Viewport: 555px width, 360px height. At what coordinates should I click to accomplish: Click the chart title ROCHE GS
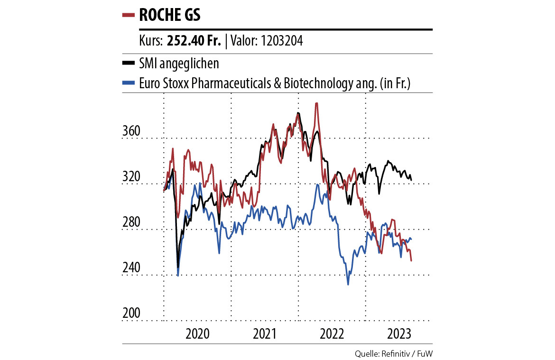tap(169, 15)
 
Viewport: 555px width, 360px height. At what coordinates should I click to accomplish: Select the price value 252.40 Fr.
tap(194, 41)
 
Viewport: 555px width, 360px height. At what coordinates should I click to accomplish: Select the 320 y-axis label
tap(131, 177)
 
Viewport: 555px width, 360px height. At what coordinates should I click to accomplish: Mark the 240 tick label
tap(131, 268)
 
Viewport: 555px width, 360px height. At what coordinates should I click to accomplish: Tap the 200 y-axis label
tap(131, 314)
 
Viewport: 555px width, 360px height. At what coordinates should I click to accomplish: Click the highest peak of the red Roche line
tap(316, 103)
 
